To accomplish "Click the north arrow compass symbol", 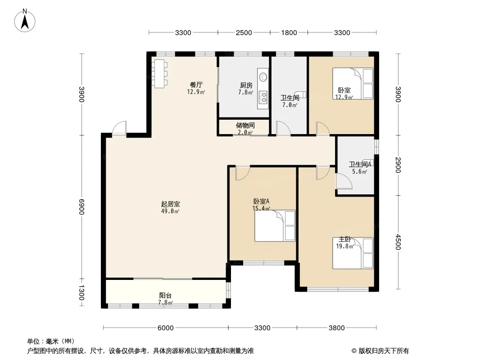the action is pos(25,21).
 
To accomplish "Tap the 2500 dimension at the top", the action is pos(244,33).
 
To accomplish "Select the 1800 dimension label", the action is pos(289,33).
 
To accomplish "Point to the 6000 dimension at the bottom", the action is pos(166,328).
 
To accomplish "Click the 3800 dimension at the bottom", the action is pos(337,328).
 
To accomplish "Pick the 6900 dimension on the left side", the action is pos(82,207).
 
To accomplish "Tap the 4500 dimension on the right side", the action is pos(398,242).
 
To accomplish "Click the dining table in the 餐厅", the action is pos(159,74).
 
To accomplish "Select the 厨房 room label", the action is pos(246,85).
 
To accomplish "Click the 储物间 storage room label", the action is pos(245,126).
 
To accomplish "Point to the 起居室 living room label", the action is pos(171,204).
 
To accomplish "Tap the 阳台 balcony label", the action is pos(165,296).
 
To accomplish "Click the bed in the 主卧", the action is pos(353,253).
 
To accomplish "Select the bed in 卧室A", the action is pos(275,226).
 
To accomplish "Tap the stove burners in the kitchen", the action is pos(263,97).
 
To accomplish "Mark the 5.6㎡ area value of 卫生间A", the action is pos(359,171).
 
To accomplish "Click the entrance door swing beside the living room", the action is pos(119,128).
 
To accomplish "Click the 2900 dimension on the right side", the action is pos(398,165).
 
